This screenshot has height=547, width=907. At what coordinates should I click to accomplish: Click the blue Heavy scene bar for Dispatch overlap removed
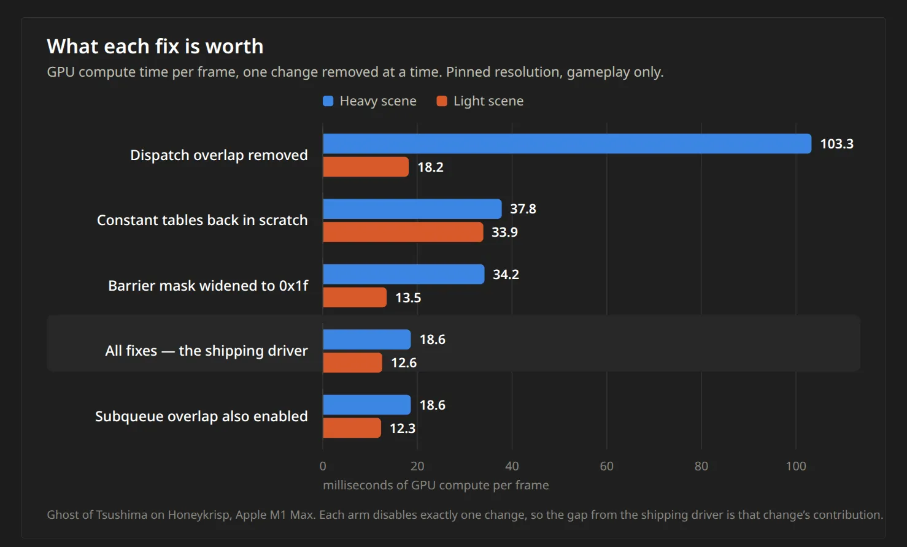(x=567, y=143)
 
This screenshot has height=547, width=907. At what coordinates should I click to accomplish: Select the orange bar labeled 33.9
(x=403, y=232)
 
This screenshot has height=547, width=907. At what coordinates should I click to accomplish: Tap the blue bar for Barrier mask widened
(x=403, y=274)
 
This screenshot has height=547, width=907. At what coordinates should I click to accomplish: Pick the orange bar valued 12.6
(x=352, y=362)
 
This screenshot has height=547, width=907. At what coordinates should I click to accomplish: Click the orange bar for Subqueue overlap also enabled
(x=352, y=428)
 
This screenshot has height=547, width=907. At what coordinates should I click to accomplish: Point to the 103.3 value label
(x=836, y=144)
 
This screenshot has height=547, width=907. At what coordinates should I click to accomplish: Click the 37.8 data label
(x=523, y=208)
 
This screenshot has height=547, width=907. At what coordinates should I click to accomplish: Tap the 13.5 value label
(x=407, y=298)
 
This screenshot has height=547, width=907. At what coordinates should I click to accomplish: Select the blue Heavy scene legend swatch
(x=328, y=101)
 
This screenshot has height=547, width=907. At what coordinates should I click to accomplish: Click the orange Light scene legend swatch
(x=442, y=101)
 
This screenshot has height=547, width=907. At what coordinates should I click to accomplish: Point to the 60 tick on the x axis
(x=606, y=466)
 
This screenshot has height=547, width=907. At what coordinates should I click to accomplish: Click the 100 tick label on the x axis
(x=796, y=466)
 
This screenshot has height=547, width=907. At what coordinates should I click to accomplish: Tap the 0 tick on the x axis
(x=323, y=466)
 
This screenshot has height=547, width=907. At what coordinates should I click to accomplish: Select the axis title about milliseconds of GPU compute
(x=436, y=485)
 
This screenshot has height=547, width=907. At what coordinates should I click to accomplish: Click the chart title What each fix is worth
(x=155, y=46)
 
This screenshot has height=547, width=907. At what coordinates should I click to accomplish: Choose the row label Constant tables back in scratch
(x=202, y=220)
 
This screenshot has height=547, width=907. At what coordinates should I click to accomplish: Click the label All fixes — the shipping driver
(x=207, y=351)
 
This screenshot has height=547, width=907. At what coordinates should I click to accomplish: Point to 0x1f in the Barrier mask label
(x=293, y=286)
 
